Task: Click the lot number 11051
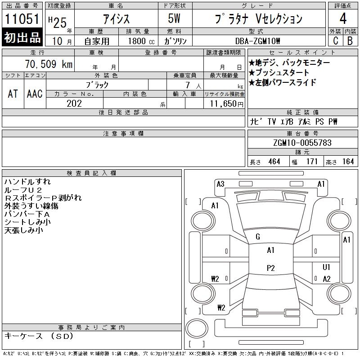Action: point(22,19)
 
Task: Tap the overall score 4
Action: point(343,18)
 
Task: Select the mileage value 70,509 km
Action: point(49,64)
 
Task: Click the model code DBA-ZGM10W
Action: point(257,41)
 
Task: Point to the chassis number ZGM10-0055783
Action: point(302,143)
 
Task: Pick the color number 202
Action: point(74,103)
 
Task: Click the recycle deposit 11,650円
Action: point(226,104)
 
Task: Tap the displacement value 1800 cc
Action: point(141,41)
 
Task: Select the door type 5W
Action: point(174,18)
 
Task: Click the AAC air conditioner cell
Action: point(35,94)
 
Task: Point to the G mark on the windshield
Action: point(257,237)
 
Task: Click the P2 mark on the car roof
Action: point(271,268)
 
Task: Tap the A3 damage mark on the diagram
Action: point(220,184)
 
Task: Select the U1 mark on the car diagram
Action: point(326,267)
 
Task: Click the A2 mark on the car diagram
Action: point(327,279)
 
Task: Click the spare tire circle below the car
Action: point(197,328)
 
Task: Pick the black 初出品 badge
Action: point(22,37)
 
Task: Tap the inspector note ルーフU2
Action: point(23,190)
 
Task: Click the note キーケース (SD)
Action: point(39,336)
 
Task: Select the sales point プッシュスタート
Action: point(279,72)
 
